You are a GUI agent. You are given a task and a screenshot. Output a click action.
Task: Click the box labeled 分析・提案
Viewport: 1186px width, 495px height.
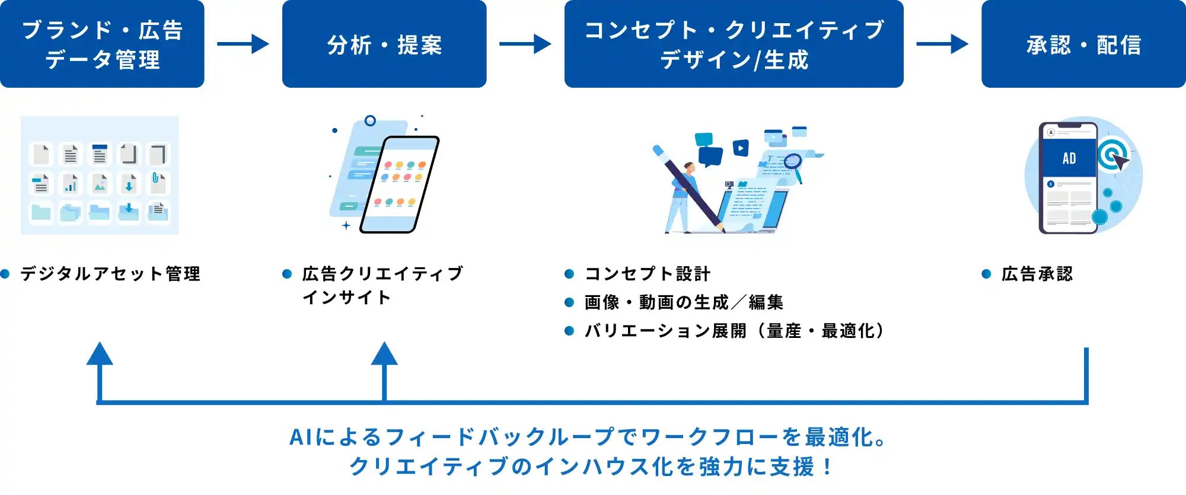coord(384,44)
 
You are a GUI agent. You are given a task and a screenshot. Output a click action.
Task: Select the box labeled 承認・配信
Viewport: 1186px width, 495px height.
coord(1083,44)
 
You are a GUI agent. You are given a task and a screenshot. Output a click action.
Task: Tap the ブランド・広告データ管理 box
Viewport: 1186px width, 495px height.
coord(102,44)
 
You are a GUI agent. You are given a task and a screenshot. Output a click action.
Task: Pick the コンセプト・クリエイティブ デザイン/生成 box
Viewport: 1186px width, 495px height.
coord(734,44)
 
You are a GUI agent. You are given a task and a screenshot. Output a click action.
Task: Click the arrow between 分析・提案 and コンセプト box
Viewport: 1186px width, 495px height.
coord(525,44)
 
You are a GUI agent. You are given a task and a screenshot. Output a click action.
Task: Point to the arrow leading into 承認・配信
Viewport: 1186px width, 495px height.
coord(942,44)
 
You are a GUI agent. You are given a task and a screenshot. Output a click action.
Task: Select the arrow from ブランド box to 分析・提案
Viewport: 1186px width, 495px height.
coord(243,44)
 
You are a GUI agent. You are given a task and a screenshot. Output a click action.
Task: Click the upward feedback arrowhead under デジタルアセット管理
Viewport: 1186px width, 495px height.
coord(100,355)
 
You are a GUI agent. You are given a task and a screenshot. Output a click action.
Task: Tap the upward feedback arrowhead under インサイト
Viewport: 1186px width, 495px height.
coord(384,355)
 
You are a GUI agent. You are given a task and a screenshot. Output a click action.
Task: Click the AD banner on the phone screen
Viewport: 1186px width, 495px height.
coord(1069,158)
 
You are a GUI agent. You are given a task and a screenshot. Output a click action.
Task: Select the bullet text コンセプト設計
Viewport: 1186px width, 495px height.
coord(647,274)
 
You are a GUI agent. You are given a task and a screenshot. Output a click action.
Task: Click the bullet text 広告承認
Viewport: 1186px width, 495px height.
coord(1037,274)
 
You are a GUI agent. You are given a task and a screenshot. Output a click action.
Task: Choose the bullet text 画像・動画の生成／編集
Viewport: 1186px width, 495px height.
coord(684,302)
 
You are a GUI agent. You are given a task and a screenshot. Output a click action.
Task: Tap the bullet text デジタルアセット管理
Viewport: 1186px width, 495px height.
coord(110,274)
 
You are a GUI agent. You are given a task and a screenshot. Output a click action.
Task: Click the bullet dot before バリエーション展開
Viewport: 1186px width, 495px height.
coord(569,331)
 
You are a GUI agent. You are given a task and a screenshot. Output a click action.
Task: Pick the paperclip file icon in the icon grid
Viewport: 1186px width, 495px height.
coord(158,183)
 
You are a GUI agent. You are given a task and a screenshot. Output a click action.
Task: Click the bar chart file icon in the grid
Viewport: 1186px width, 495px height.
coord(71,183)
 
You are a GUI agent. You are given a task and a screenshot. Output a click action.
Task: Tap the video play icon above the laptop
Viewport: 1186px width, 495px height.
coord(741,148)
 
